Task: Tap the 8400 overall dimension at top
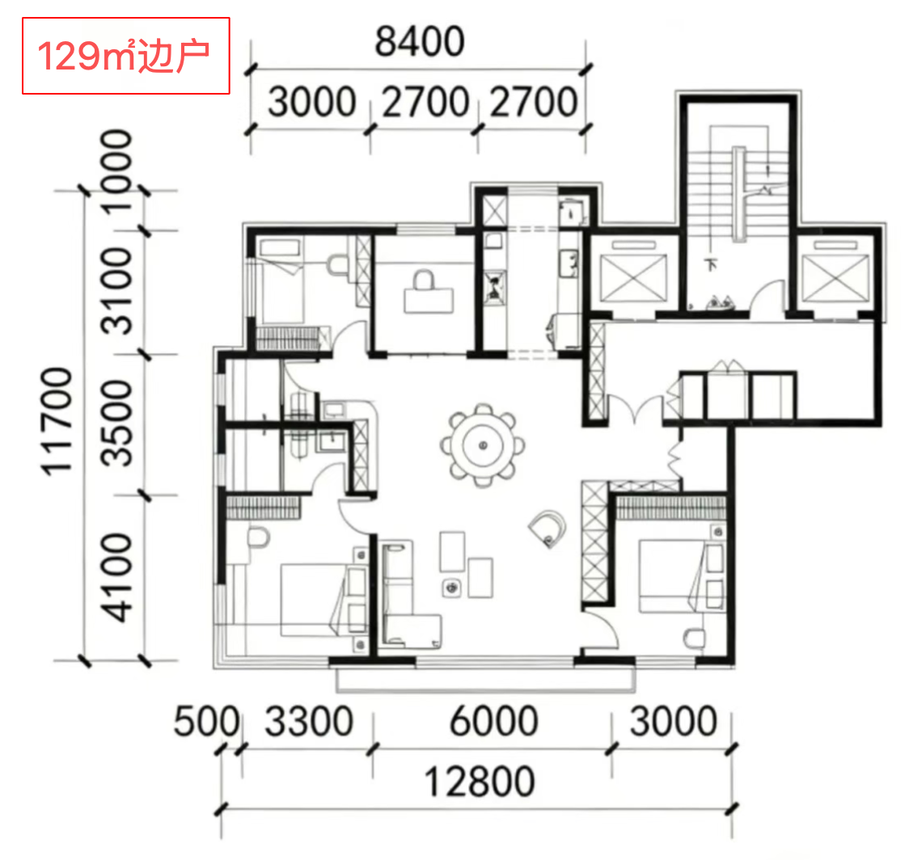[x=420, y=42]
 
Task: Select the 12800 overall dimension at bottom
[x=480, y=782]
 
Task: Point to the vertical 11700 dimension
[x=57, y=421]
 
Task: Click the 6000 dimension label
[x=494, y=722]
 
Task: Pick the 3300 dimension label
[x=309, y=722]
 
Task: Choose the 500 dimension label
[x=206, y=722]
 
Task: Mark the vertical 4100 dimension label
[x=116, y=577]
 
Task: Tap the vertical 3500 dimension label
[x=116, y=424]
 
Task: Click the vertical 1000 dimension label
[x=116, y=171]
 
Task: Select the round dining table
[x=482, y=445]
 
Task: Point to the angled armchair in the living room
[x=547, y=528]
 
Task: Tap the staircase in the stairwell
[x=738, y=194]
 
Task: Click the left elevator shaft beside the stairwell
[x=633, y=279]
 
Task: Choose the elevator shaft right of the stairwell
[x=835, y=279]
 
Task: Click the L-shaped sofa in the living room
[x=406, y=596]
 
